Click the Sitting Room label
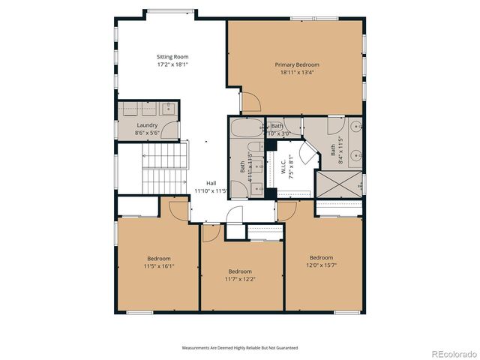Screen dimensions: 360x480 coord(172,57)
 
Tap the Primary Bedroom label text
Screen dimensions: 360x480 coord(296,65)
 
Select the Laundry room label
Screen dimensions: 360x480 coord(147,125)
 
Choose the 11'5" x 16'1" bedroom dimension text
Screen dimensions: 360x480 coord(158,265)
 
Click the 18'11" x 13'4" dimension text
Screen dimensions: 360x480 coord(296,73)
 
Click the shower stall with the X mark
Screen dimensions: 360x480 coord(337,183)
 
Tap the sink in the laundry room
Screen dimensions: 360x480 coord(169,108)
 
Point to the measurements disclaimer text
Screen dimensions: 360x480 coord(240,348)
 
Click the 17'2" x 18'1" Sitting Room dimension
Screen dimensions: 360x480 coord(172,64)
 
